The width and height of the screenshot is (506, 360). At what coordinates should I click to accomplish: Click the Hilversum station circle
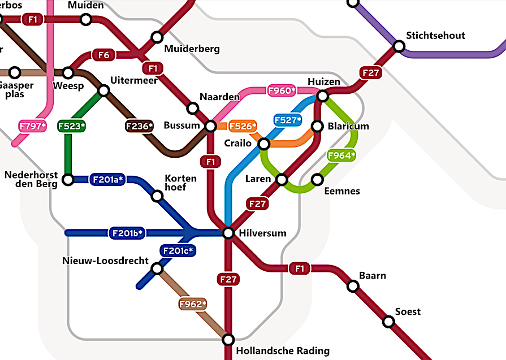pyautogui.click(x=228, y=233)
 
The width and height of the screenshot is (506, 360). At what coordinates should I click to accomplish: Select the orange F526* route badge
pyautogui.click(x=243, y=125)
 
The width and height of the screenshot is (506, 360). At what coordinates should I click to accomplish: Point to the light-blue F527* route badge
pyautogui.click(x=288, y=120)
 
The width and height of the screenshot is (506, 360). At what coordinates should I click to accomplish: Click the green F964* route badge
pyautogui.click(x=341, y=155)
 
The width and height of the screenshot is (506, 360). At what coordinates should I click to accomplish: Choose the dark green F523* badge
pyautogui.click(x=72, y=126)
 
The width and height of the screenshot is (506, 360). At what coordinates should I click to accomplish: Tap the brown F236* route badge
pyautogui.click(x=139, y=126)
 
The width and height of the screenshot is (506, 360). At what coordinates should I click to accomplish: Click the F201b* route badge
pyautogui.click(x=127, y=233)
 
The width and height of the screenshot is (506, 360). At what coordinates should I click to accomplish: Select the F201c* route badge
pyautogui.click(x=178, y=250)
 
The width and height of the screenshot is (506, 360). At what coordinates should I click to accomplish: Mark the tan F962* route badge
pyautogui.click(x=193, y=305)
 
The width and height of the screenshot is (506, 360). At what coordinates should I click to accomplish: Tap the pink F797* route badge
pyautogui.click(x=32, y=126)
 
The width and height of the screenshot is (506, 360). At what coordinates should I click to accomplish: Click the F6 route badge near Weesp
pyautogui.click(x=104, y=55)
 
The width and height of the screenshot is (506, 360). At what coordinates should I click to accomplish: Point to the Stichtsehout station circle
pyautogui.click(x=399, y=46)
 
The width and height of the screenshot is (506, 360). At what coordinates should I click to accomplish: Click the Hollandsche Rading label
pyautogui.click(x=282, y=350)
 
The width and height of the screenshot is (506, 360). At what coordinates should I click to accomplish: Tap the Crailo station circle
pyautogui.click(x=264, y=144)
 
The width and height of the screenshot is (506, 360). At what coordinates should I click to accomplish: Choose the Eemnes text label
pyautogui.click(x=341, y=191)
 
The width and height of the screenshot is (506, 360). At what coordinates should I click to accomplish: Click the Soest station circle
pyautogui.click(x=388, y=322)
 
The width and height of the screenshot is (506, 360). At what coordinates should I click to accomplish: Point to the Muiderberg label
pyautogui.click(x=192, y=49)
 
